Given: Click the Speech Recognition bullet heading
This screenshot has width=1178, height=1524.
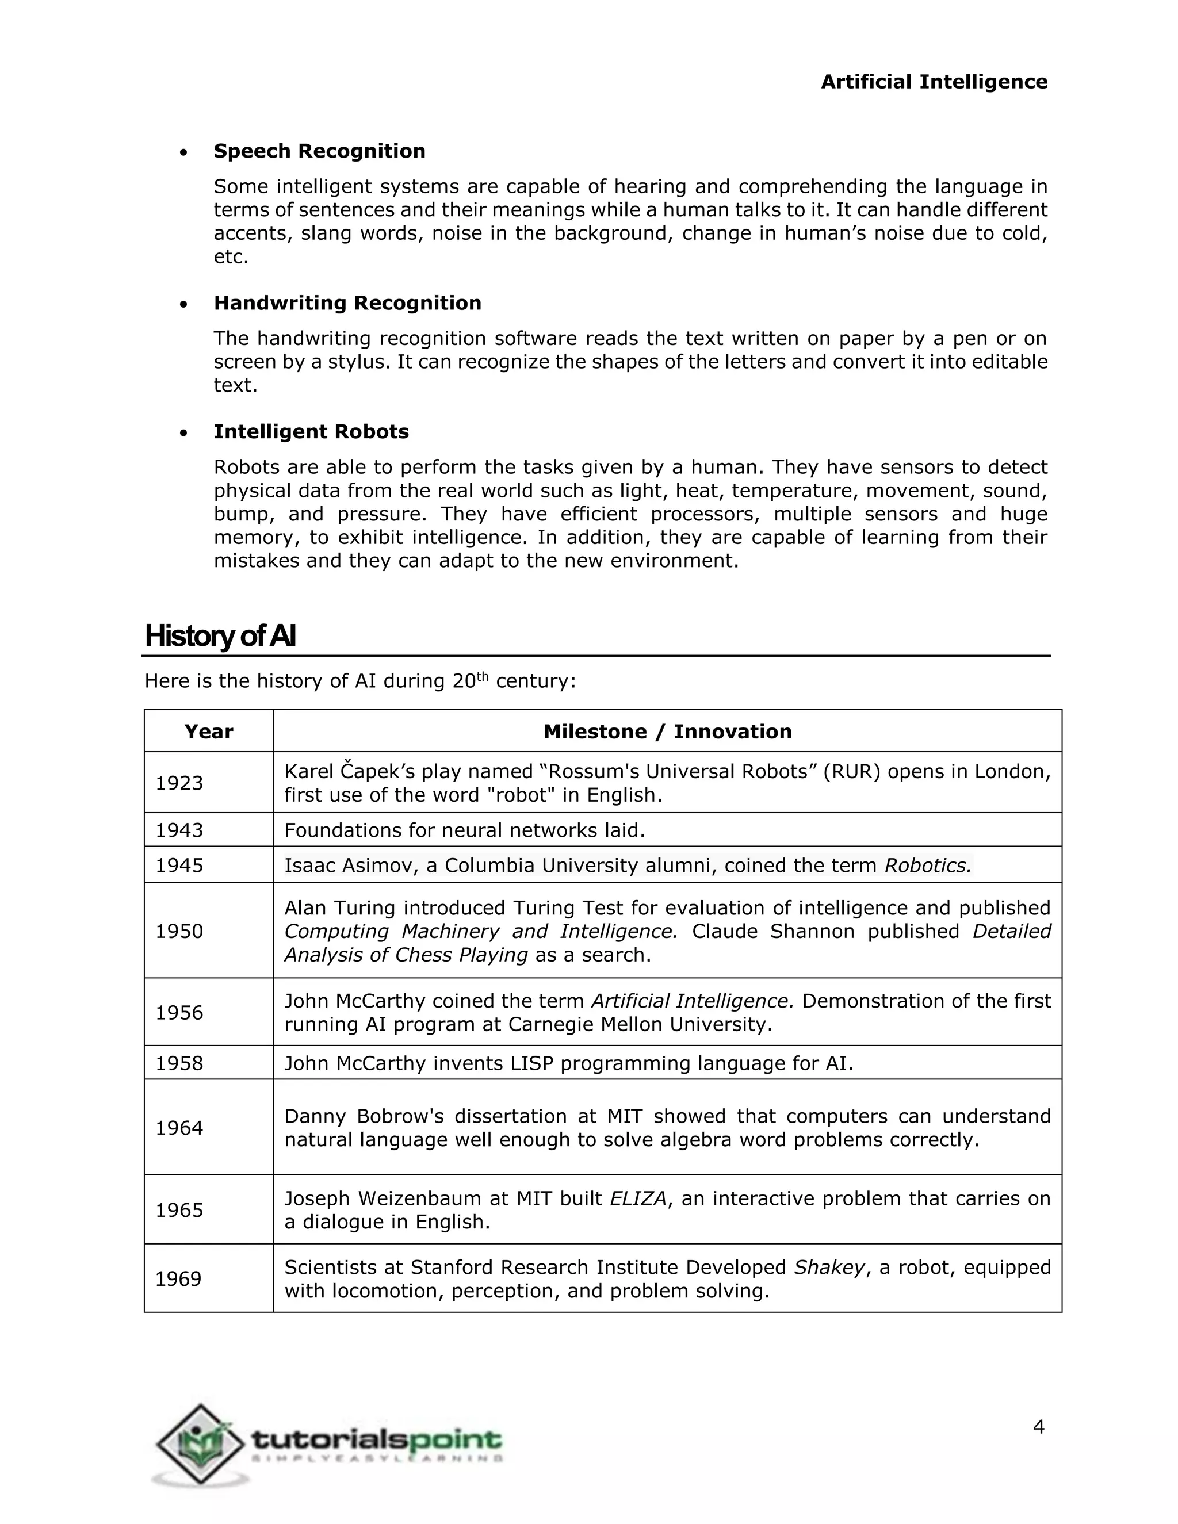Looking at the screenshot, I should [319, 151].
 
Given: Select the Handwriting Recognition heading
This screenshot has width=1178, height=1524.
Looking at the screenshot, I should [347, 303].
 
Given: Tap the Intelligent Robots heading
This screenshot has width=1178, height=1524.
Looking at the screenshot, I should [311, 431].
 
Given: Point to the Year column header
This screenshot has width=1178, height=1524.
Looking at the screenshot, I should [209, 732].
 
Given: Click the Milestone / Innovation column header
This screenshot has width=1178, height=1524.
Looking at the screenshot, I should [667, 732].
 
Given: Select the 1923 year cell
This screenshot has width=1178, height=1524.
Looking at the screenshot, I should [179, 783].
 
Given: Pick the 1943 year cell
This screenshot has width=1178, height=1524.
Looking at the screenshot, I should [179, 830].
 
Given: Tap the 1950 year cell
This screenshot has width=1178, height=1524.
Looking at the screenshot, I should [179, 931].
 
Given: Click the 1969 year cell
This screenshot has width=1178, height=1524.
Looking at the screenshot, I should [178, 1278].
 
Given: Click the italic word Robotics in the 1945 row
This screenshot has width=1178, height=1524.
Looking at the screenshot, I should [927, 866].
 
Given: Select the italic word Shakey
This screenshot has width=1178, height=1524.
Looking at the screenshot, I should [829, 1267].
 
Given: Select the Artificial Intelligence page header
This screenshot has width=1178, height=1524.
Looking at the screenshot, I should [934, 82].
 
